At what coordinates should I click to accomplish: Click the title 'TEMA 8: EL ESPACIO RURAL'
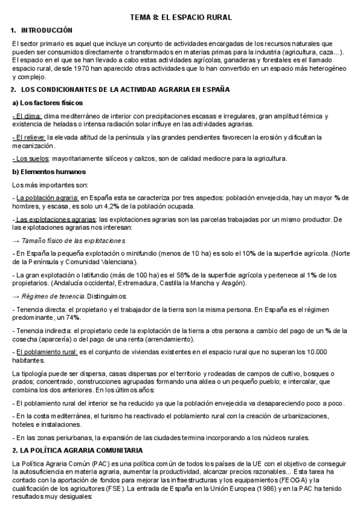[x=180, y=18]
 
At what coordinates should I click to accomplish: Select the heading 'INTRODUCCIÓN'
[x=46, y=30]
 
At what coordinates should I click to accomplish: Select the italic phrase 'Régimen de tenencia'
[x=53, y=297]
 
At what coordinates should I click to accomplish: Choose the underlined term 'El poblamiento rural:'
[x=46, y=352]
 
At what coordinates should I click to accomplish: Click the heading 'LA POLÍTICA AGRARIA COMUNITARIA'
[x=81, y=450]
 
